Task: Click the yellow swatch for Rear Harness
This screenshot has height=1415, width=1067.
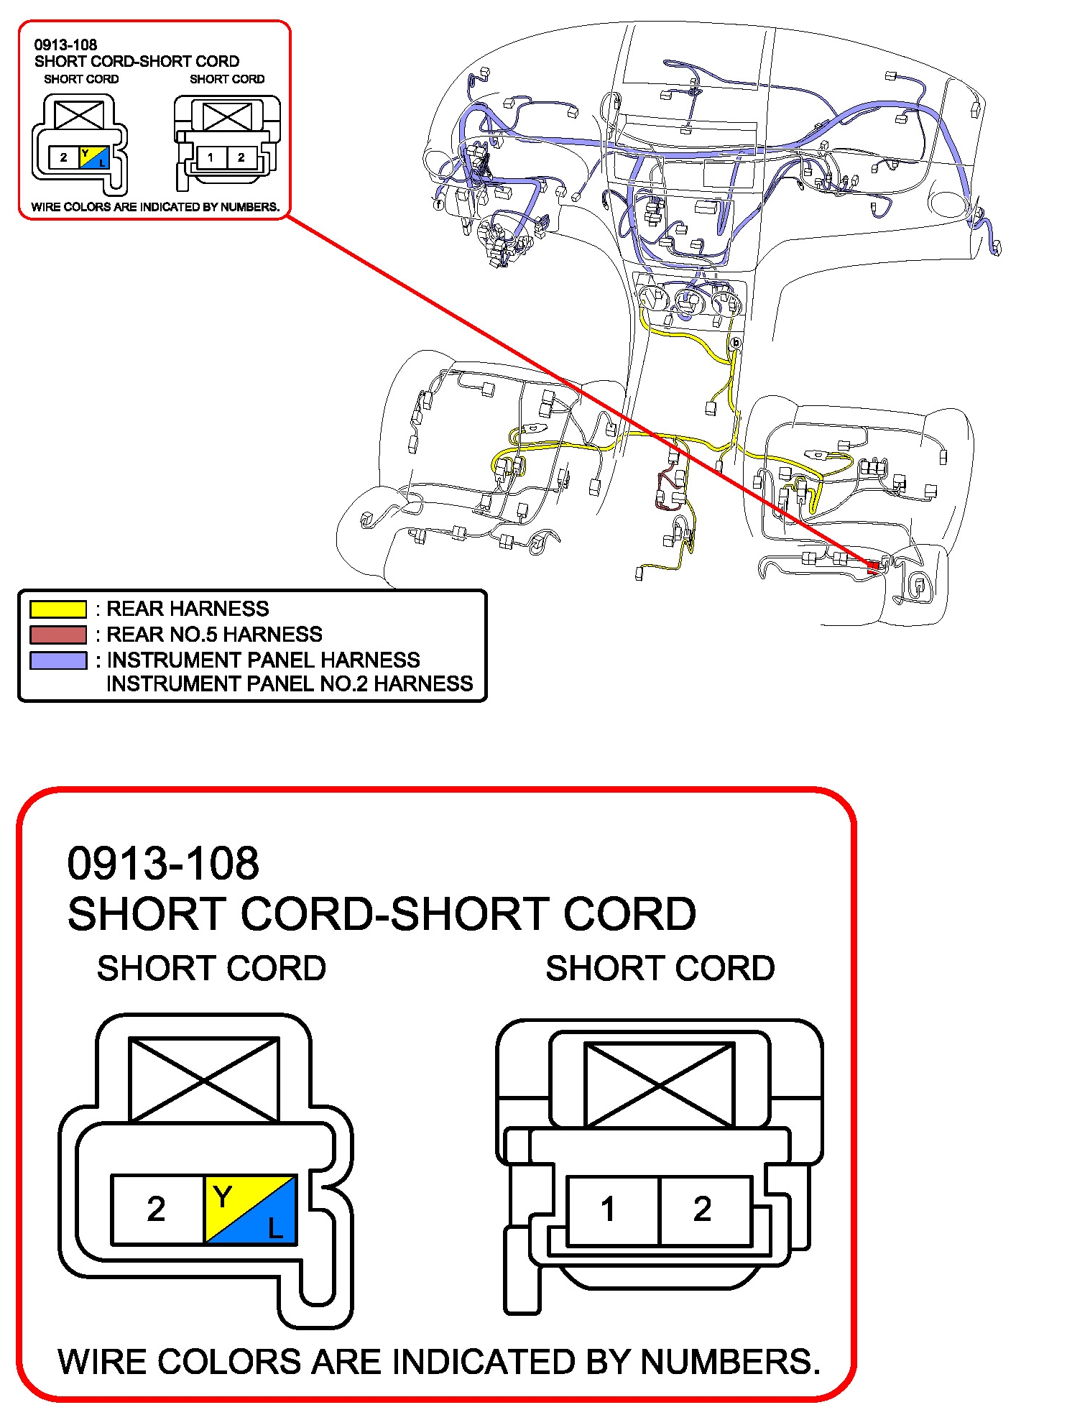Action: point(57,609)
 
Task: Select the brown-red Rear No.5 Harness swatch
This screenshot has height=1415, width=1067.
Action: point(57,635)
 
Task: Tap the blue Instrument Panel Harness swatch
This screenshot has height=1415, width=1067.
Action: point(57,660)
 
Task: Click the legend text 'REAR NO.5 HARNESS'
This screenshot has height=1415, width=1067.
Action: point(214,635)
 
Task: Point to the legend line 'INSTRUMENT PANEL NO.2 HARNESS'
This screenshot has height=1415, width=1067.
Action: point(290,683)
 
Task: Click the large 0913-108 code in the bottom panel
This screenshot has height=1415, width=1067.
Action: point(163,863)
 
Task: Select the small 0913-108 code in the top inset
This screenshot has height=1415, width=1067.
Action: point(65,45)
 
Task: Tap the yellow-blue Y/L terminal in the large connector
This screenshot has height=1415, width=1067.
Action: point(250,1209)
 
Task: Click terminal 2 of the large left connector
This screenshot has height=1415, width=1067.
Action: point(157,1209)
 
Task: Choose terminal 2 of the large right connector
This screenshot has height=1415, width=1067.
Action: point(703,1210)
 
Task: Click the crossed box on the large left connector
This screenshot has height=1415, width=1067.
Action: point(204,1079)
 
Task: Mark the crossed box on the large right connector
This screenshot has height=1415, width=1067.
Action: point(660,1085)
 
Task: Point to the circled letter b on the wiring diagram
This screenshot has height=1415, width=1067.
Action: point(735,343)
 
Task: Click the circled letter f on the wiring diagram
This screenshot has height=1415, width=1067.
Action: point(438,204)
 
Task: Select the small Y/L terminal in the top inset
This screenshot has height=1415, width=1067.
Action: point(94,157)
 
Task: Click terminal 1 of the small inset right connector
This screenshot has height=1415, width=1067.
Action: point(211,157)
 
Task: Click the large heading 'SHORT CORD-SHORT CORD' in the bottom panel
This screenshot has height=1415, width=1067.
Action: point(382,914)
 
